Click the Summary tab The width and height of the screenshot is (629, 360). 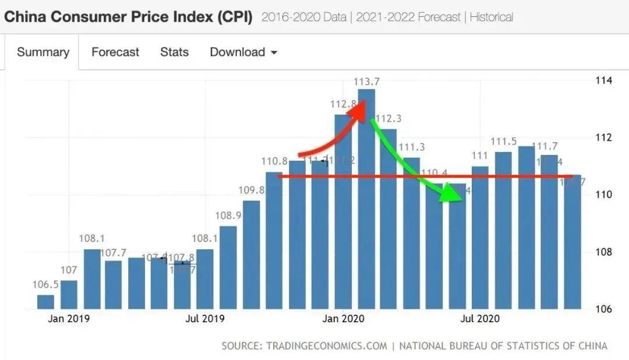tap(43, 52)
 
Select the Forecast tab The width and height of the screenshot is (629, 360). tap(115, 52)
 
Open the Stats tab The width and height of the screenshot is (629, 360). tap(174, 52)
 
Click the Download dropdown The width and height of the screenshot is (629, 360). tap(243, 52)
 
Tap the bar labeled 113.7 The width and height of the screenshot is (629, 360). tap(366, 198)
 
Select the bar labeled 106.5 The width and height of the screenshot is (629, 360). tap(45, 302)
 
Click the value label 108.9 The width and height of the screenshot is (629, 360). tap(228, 216)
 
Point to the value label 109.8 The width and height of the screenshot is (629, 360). tap(251, 190)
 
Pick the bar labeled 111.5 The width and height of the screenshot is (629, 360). tap(503, 230)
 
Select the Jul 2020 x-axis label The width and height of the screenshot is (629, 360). tap(480, 319)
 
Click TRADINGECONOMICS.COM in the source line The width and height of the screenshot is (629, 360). tap(327, 346)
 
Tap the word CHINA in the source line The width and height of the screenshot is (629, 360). tap(589, 346)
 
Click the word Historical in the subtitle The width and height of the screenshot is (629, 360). tap(492, 17)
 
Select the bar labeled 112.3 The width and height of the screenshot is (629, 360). tap(388, 218)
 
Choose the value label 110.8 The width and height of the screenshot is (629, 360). tap(274, 161)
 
